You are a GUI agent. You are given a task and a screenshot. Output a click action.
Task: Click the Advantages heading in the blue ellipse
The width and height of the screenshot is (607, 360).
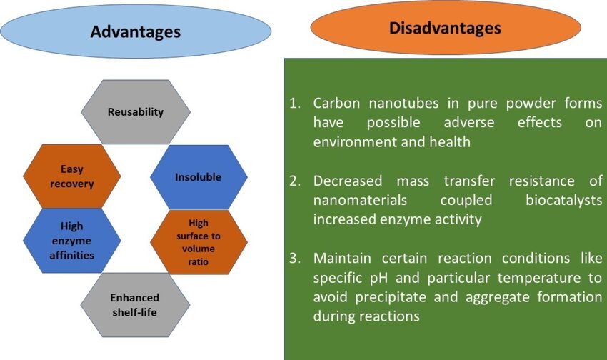coord(136,31)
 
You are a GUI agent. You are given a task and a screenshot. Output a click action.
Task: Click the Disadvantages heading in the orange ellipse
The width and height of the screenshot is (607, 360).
coord(445,28)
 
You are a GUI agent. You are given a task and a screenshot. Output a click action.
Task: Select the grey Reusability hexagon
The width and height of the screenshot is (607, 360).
coord(136,112)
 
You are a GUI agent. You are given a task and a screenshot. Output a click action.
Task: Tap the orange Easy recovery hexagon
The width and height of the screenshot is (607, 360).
coord(72,176)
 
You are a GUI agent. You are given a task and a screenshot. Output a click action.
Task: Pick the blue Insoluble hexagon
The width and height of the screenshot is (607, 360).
coord(199,177)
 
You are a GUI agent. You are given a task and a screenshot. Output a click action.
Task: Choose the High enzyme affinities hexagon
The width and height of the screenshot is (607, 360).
coord(72,241)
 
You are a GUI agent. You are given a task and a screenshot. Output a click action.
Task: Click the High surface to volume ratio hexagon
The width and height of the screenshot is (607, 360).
coord(199,242)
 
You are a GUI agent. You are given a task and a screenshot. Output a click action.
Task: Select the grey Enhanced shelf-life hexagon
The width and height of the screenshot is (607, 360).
coord(135,305)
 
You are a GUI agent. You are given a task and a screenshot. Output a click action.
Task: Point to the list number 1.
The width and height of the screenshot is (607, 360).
coord(295,104)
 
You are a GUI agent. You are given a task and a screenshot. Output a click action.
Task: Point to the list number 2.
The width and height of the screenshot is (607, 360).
coord(295,181)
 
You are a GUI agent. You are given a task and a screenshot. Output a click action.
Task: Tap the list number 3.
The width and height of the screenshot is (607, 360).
coord(295,258)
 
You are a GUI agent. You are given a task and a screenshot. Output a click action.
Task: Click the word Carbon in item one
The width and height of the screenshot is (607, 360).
coord(336,104)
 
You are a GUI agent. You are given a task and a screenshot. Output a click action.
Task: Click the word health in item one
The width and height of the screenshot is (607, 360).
coord(450,142)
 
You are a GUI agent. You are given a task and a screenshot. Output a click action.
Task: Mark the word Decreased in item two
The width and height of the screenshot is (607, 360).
coord(348,181)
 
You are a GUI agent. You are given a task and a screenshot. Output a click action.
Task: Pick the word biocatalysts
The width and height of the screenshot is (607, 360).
coord(564,200)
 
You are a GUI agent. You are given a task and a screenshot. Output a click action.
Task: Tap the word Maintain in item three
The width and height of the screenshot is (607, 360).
coord(342,258)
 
